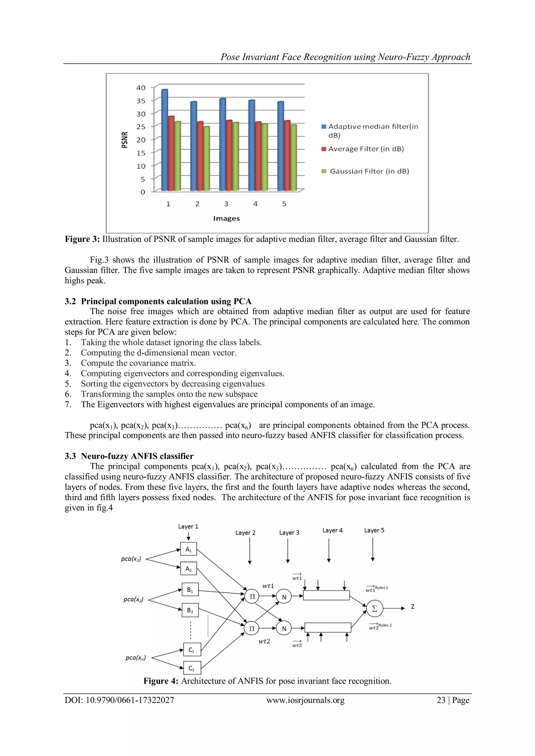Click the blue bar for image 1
pyautogui.click(x=164, y=140)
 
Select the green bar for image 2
pyautogui.click(x=207, y=159)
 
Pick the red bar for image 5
pyautogui.click(x=287, y=156)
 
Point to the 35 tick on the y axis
pyautogui.click(x=141, y=101)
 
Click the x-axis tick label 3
pyautogui.click(x=226, y=204)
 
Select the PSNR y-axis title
pyautogui.click(x=125, y=140)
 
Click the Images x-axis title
pyautogui.click(x=226, y=219)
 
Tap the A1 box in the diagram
pyautogui.click(x=188, y=549)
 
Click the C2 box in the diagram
pyautogui.click(x=192, y=668)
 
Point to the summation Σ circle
pyautogui.click(x=375, y=609)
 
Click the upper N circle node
pyautogui.click(x=284, y=597)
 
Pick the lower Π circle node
pyautogui.click(x=252, y=629)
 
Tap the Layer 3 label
pyautogui.click(x=289, y=533)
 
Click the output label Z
pyautogui.click(x=412, y=606)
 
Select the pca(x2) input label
pyautogui.click(x=133, y=599)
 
